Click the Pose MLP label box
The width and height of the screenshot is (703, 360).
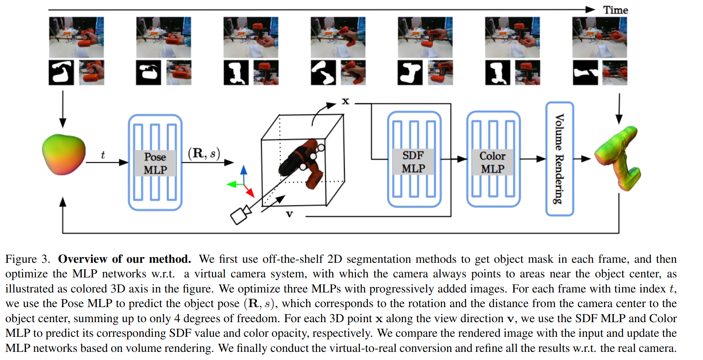(x=155, y=163)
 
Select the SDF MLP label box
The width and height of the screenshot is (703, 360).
(x=413, y=161)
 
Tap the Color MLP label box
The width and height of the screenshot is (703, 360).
(x=492, y=162)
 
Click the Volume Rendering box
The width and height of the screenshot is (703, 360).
(x=560, y=159)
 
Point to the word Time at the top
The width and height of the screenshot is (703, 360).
(x=615, y=10)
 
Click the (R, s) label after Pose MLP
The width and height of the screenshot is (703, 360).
(x=204, y=153)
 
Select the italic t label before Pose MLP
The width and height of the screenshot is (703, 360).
(x=103, y=155)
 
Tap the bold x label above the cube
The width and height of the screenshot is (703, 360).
(x=345, y=101)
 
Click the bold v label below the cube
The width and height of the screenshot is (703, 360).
(x=289, y=214)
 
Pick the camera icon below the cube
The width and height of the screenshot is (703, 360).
(x=240, y=214)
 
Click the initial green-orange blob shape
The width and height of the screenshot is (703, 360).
(x=64, y=155)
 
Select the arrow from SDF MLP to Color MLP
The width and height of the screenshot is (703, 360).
(x=454, y=159)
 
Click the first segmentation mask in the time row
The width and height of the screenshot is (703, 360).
(x=61, y=72)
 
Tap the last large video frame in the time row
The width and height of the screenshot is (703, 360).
(x=599, y=37)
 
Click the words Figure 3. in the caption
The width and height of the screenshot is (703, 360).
(x=28, y=259)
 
